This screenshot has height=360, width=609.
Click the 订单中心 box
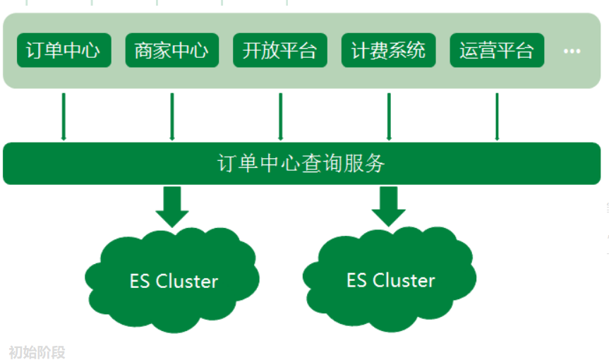click(64, 51)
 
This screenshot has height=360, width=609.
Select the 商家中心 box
click(171, 51)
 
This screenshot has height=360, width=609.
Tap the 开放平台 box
click(280, 51)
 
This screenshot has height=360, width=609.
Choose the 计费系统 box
click(389, 51)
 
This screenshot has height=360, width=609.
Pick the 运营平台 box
click(497, 51)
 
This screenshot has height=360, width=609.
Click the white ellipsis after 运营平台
click(572, 52)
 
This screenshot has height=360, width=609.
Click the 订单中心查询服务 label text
click(301, 164)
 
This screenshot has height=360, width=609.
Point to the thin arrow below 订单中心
click(64, 116)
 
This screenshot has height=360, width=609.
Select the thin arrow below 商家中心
click(172, 116)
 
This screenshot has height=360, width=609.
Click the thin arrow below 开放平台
click(281, 116)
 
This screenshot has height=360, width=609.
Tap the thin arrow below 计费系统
click(389, 116)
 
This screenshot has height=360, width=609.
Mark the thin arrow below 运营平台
click(498, 116)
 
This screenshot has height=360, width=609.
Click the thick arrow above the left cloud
click(172, 205)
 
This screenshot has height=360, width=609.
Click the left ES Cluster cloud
click(172, 279)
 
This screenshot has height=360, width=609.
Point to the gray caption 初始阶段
click(37, 351)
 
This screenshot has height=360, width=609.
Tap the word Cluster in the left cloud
click(187, 282)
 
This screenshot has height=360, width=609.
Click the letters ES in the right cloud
click(356, 280)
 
